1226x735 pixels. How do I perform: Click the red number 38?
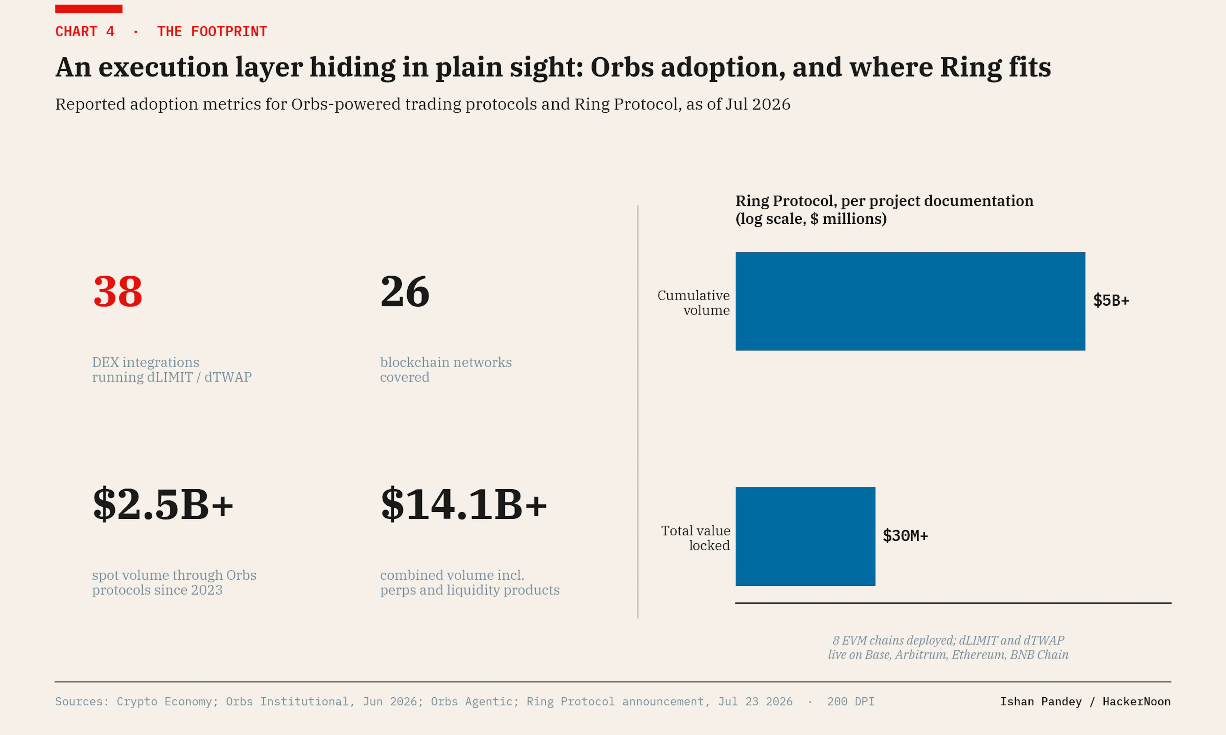117,292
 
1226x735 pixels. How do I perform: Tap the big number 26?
405,292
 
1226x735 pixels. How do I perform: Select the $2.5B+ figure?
163,504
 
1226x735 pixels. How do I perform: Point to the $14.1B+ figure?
463,504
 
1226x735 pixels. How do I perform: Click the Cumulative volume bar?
910,301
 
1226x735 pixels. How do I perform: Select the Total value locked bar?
805,536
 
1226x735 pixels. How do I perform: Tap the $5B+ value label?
1111,301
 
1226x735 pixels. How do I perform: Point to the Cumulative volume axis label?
694,303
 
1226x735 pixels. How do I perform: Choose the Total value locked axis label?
696,538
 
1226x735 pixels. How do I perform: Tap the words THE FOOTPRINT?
212,32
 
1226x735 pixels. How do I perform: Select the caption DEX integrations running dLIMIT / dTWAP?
172,369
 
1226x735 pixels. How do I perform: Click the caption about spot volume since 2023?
174,583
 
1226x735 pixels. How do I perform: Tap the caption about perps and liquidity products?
470,583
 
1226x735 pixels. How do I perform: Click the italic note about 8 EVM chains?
948,647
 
